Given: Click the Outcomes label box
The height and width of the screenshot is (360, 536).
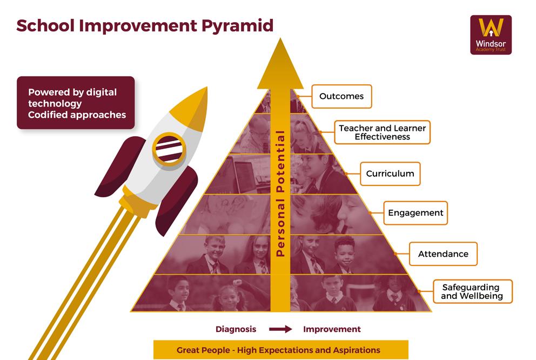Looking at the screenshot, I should pos(341,97).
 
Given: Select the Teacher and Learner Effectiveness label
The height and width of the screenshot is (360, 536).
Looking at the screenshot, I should pos(382,132).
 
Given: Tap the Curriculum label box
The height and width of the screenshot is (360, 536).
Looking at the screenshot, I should pos(390,174).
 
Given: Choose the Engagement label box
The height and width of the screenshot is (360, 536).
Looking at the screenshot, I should pos(416,213).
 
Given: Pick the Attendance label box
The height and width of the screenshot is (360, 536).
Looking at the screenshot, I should pos(443,254).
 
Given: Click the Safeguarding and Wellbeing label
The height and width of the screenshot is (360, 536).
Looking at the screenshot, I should pos(472,291).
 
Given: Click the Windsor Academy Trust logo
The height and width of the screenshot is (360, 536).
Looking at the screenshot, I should pos(491,35).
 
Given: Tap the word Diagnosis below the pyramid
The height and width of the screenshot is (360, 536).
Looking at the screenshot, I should pos(236,329).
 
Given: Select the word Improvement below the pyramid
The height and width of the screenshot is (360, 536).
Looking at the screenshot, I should pos(332,329).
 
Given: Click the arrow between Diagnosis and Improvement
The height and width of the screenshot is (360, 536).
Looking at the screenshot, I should pos(280,329).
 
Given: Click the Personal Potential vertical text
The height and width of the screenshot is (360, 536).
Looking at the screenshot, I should pos(280,192).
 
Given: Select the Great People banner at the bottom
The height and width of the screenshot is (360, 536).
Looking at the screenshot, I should pos(280,350).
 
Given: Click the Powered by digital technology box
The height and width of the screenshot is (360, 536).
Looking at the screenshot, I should pos(76,103).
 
